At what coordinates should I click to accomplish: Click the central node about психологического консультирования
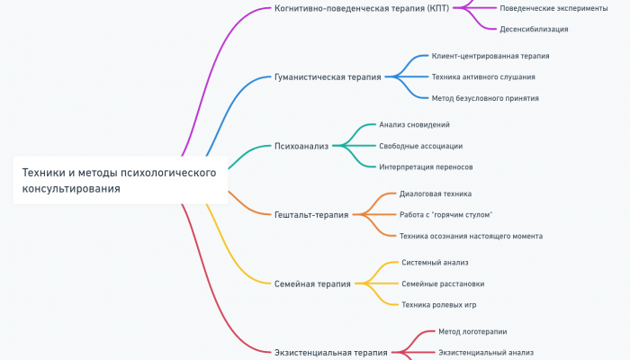[x=119, y=180]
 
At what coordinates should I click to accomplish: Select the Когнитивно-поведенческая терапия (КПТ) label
[x=361, y=8]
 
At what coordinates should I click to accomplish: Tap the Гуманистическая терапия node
[x=328, y=77]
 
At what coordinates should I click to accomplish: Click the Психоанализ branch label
[x=301, y=145]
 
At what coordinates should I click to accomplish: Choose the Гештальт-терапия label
[x=311, y=215]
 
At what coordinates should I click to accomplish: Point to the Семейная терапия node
[x=312, y=283]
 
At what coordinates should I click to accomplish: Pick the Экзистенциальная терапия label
[x=331, y=353]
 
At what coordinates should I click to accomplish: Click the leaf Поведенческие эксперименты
[x=553, y=8]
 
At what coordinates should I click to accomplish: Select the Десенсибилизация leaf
[x=534, y=29]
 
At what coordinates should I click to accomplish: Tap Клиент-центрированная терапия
[x=490, y=56]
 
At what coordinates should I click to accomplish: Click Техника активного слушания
[x=483, y=76]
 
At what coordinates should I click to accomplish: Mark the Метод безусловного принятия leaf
[x=485, y=98]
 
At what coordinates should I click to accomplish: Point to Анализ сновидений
[x=414, y=124]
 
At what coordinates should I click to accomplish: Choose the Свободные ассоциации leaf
[x=421, y=145]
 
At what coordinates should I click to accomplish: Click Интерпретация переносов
[x=426, y=166]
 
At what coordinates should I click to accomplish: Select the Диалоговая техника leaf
[x=436, y=193]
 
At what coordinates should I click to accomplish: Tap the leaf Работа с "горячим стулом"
[x=445, y=214]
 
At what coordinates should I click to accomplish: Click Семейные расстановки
[x=443, y=283]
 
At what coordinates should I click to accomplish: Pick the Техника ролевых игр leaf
[x=438, y=304]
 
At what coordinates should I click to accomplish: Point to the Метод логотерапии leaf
[x=472, y=331]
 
